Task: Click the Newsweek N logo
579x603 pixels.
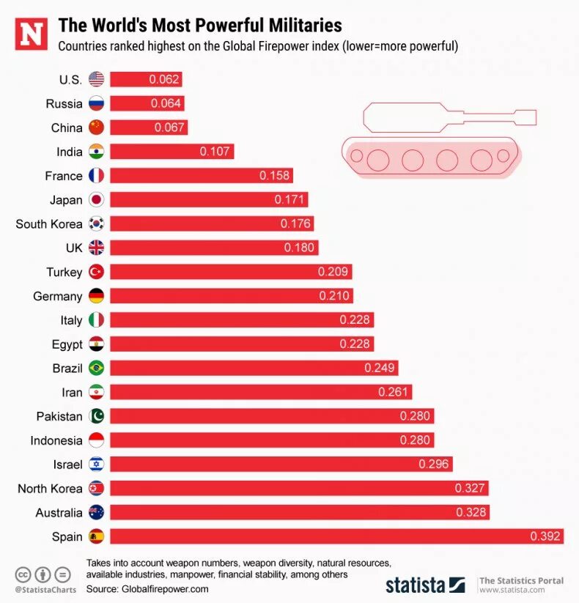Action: (31, 34)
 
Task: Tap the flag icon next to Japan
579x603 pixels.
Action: (96, 200)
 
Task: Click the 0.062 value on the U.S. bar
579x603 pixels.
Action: (164, 80)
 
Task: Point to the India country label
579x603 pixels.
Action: (70, 152)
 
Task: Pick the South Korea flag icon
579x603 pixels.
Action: (96, 224)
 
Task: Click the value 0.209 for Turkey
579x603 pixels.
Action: (333, 272)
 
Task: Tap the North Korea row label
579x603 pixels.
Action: (50, 489)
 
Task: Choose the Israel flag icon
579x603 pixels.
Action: (96, 465)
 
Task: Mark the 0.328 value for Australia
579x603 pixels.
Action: (471, 512)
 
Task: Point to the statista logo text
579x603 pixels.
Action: (416, 585)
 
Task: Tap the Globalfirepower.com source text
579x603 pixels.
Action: (165, 589)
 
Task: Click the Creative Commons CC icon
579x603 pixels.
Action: (22, 574)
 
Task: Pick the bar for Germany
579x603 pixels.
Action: (232, 296)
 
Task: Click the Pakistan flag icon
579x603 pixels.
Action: (96, 416)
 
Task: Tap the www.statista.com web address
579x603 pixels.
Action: (512, 590)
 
